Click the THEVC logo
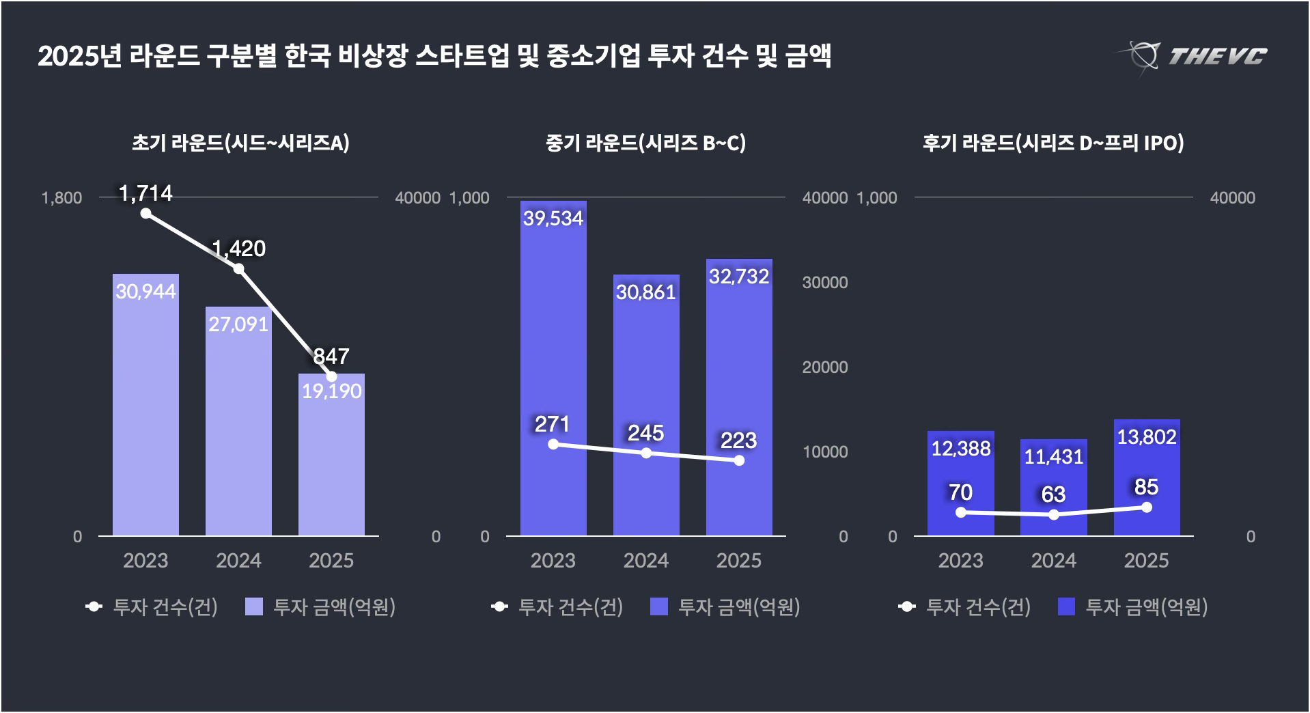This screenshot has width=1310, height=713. click(1193, 56)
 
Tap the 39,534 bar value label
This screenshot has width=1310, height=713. click(553, 219)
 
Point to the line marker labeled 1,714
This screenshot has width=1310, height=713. click(145, 213)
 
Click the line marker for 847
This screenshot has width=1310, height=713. click(331, 376)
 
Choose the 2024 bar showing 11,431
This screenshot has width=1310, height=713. click(1053, 486)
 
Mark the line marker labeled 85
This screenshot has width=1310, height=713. click(1146, 507)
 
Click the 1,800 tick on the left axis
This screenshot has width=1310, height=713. click(61, 198)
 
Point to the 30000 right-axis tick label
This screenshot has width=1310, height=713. click(824, 283)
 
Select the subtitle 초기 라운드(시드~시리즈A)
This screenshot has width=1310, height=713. click(240, 143)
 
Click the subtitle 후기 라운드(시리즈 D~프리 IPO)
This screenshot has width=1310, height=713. click(1053, 143)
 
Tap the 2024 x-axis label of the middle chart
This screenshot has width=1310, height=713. click(645, 561)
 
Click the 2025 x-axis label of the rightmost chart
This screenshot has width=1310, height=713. click(1146, 561)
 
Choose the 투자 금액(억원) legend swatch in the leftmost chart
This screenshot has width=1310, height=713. click(254, 606)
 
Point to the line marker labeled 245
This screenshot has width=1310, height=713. click(646, 453)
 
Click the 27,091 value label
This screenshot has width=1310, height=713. click(238, 324)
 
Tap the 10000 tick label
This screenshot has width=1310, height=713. click(824, 452)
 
